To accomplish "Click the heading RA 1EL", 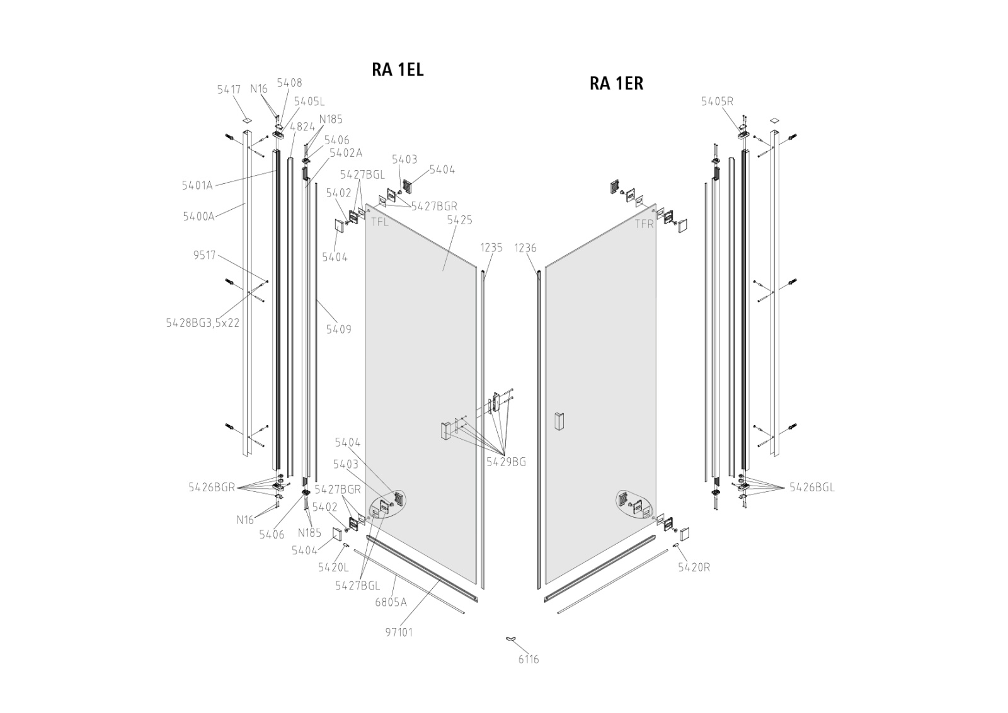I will (398, 69).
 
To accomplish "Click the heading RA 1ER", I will (616, 83).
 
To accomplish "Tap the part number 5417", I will (229, 89).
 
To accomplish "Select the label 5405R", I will (717, 101).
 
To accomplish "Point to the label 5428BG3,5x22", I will (202, 322).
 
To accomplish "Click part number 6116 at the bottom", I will (529, 659).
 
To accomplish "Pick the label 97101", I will (398, 632).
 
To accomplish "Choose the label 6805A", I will (391, 602).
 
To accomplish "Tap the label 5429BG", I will (506, 462).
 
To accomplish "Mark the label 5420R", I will (694, 567).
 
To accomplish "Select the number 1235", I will (491, 248).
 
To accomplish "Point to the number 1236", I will (525, 248).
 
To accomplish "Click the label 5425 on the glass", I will (459, 220).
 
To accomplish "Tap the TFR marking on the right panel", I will (644, 224).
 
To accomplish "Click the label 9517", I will (205, 255).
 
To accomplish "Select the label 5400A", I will (198, 216).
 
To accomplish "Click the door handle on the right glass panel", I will (558, 421).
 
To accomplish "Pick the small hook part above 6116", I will (510, 640).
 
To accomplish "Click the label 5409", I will (338, 329).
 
